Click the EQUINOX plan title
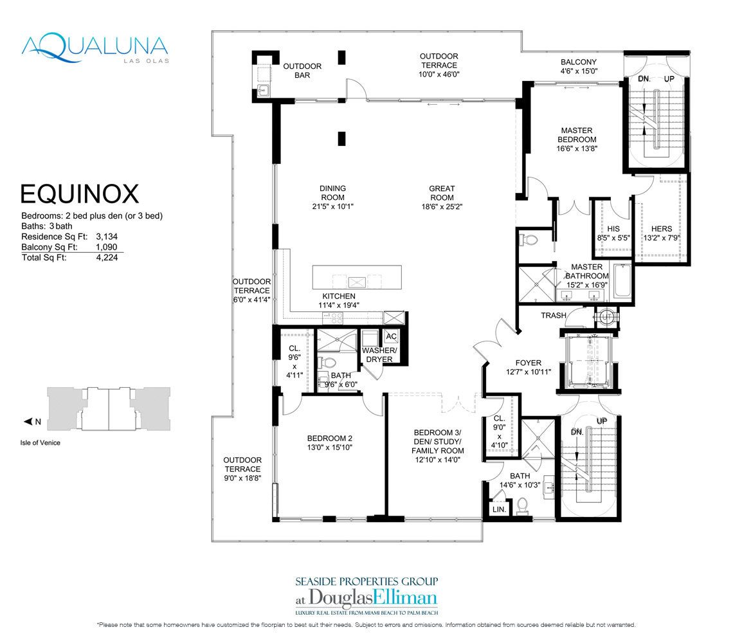(80, 194)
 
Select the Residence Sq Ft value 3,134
(106, 236)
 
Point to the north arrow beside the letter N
(28, 422)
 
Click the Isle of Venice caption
(40, 442)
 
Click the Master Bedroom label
(577, 134)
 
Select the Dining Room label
(333, 188)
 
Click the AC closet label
(391, 337)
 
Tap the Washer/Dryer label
(379, 354)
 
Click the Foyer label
(524, 363)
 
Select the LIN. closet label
(499, 509)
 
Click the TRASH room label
(553, 316)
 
